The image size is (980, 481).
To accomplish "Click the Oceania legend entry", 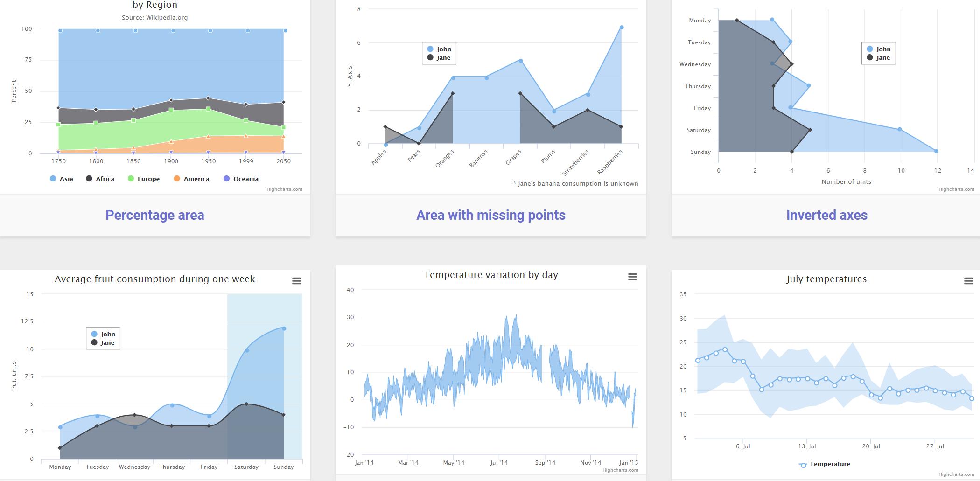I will click(x=241, y=179).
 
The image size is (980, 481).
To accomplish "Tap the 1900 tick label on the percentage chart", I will click(x=171, y=161).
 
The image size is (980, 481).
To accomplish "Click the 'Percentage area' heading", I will click(x=154, y=215).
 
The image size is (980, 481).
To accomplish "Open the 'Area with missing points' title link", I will click(x=490, y=215).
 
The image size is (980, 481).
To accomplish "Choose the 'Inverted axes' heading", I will click(x=826, y=215).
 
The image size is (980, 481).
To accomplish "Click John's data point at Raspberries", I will click(x=622, y=28).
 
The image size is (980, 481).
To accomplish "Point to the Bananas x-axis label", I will click(x=479, y=159).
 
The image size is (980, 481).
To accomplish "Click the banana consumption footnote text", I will click(x=575, y=184).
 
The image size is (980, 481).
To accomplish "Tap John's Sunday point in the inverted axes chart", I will click(x=936, y=151).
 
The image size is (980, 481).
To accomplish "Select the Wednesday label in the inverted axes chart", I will click(x=695, y=64).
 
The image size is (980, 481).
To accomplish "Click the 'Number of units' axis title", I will click(x=846, y=182).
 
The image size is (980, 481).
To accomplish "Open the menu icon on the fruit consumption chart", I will click(x=296, y=281).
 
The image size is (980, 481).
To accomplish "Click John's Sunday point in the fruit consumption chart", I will click(x=284, y=328).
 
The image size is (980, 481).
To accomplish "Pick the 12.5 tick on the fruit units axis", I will click(x=27, y=321).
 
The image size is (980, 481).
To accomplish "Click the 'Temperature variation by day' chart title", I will click(x=490, y=275).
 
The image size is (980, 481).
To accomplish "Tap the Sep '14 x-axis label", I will click(x=545, y=463).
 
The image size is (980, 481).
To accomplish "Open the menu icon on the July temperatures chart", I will click(x=968, y=281).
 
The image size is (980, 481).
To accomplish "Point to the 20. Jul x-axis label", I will click(x=871, y=446).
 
